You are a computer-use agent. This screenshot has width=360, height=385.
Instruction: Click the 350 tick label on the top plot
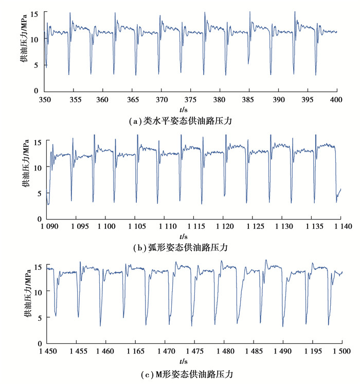(45, 99)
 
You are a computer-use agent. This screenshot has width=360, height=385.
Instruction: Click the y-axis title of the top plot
(24, 50)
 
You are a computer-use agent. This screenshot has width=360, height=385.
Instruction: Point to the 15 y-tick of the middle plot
(37, 141)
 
